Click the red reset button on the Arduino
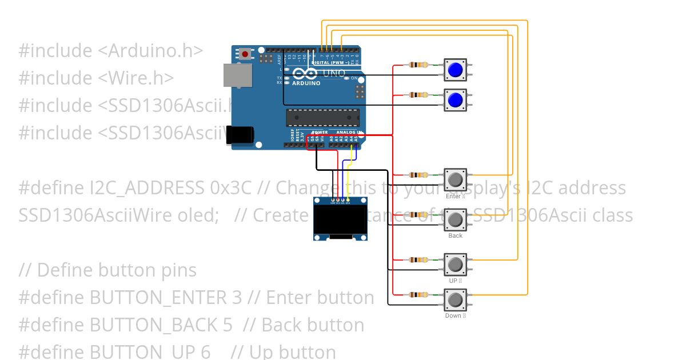click(245, 54)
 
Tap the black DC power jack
click(240, 134)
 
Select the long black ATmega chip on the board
click(323, 117)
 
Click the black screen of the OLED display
click(340, 219)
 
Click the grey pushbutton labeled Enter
click(455, 179)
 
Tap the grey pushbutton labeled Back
click(455, 219)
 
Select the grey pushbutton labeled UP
click(455, 265)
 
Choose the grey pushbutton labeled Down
click(455, 299)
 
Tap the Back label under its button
click(455, 235)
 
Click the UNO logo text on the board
click(334, 73)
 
